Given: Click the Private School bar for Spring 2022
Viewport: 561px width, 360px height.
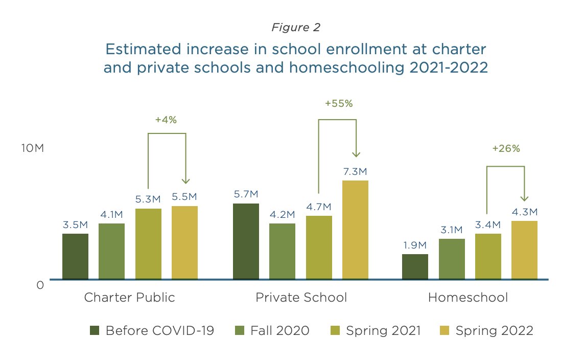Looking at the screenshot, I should coord(355,230).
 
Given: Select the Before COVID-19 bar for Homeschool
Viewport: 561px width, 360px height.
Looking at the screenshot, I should coord(415,266).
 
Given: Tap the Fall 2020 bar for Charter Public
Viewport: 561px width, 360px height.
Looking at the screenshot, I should coord(111,251).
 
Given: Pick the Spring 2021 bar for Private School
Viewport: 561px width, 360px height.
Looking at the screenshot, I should coord(319,247).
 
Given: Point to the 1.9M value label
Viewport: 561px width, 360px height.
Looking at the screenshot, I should coord(415,245).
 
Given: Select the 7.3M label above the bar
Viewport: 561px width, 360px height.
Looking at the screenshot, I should coord(355,171).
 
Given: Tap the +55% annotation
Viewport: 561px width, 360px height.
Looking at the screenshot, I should coord(339,103).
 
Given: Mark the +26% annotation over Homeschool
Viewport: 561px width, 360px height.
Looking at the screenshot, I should coord(506,149).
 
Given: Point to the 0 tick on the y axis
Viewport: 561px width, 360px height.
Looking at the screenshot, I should coord(40,285).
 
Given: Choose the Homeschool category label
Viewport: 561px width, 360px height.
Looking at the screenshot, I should coord(468,298).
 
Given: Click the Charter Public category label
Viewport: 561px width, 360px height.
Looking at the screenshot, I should coord(129,298).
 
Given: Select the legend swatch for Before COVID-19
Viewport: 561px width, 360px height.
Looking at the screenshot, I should coord(95,330).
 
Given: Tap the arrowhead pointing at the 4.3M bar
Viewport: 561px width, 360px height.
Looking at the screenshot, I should coord(524,198).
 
